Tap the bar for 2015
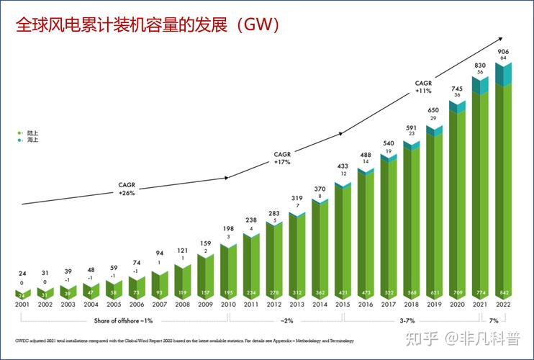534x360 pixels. click(343, 241)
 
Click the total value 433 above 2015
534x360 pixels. click(343, 166)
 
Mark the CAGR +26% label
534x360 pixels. click(127, 189)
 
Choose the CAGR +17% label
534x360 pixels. click(282, 158)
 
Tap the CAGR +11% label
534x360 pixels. click(423, 87)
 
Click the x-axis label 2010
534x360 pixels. click(228, 306)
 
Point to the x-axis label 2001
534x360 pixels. click(22, 306)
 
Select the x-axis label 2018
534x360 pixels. click(412, 306)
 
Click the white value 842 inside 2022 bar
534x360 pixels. click(504, 294)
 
